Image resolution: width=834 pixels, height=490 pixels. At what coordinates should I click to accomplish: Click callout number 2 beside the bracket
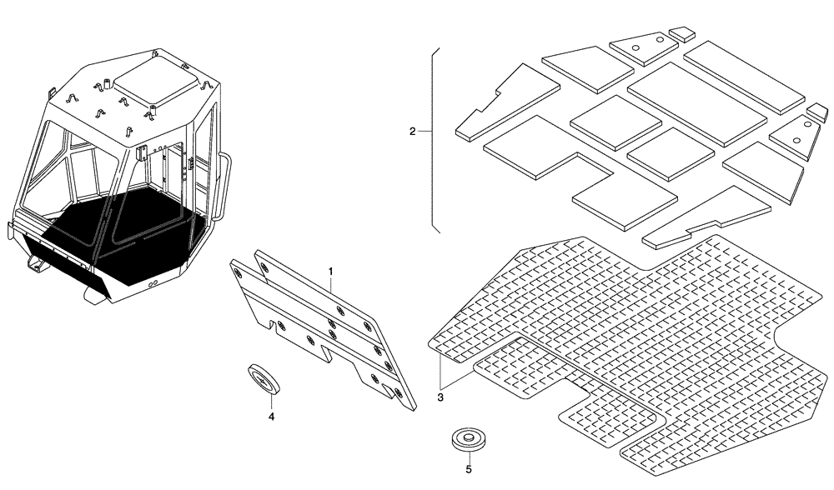tap(412, 132)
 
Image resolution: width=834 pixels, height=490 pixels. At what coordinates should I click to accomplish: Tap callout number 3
tap(440, 397)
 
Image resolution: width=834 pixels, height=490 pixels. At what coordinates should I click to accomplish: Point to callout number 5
tap(469, 469)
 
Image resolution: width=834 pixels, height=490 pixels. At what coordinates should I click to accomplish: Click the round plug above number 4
tap(264, 378)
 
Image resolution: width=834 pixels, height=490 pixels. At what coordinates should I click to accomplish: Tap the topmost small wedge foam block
tap(683, 33)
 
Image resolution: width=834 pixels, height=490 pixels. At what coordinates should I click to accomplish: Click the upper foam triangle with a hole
tap(641, 50)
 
